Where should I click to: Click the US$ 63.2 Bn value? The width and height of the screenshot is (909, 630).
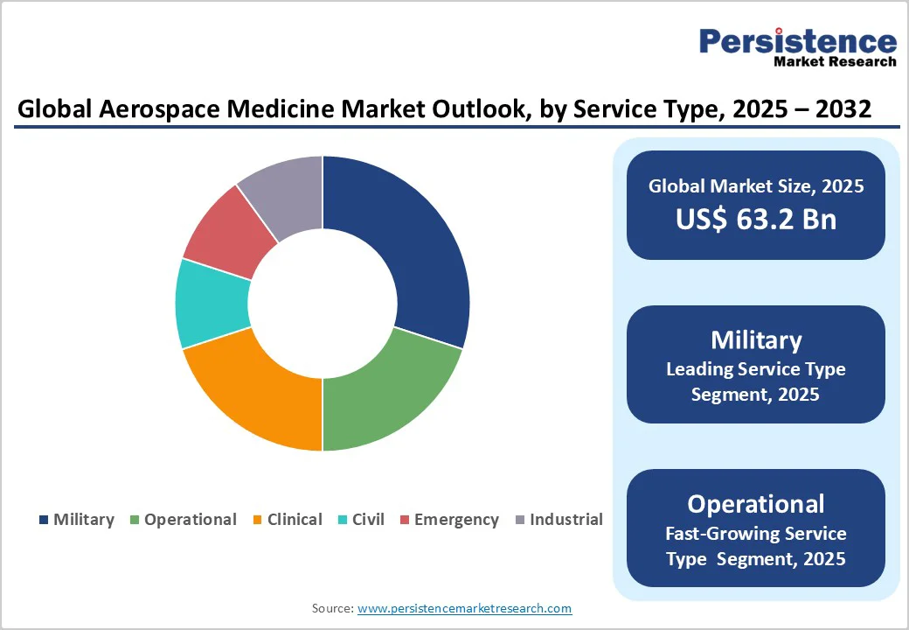click(756, 219)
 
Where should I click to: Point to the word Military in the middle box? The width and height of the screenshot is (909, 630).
click(756, 339)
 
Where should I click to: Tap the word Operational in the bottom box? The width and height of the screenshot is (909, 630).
click(756, 504)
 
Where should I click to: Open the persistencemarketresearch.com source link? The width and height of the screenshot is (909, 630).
click(464, 608)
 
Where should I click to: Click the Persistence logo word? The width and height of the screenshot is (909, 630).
click(797, 41)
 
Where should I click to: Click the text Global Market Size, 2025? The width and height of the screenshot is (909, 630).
click(756, 185)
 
